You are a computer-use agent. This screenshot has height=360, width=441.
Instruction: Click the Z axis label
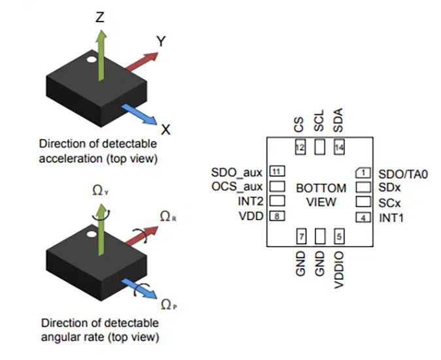100,17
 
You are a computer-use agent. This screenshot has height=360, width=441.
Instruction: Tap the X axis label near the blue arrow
166,129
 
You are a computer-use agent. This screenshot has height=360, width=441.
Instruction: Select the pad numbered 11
277,172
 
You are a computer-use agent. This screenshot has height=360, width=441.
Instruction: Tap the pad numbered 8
277,216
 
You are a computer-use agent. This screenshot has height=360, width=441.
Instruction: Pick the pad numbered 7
301,235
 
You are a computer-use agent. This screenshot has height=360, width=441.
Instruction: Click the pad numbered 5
338,235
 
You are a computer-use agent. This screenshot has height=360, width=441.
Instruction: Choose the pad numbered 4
363,216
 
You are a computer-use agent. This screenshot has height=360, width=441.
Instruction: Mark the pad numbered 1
363,172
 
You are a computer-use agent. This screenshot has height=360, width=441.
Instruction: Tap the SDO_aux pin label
237,172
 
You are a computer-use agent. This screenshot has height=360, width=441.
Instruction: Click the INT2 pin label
249,202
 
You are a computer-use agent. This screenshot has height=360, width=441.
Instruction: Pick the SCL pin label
319,122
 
